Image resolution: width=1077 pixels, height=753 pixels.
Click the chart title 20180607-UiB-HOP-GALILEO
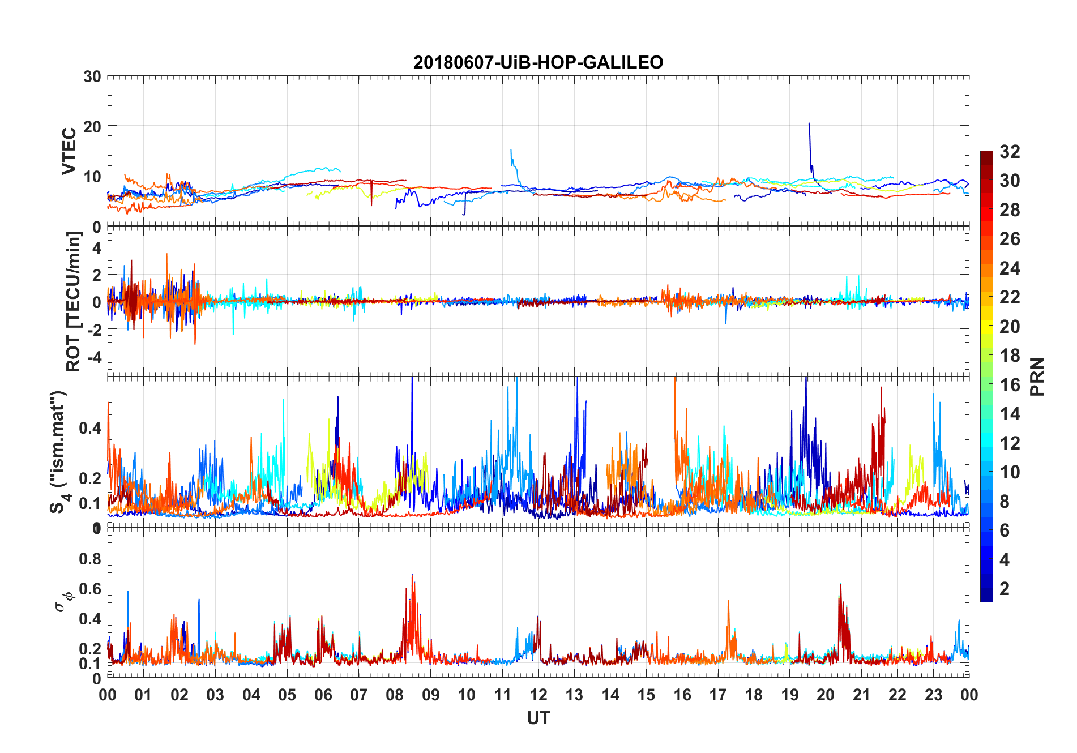538,62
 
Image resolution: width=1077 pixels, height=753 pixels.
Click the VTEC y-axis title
69,151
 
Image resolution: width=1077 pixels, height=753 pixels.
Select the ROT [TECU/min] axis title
74,301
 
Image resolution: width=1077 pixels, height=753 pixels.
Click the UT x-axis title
538,718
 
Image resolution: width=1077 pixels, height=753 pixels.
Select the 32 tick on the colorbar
1010,152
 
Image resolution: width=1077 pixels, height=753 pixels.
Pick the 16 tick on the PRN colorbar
1010,385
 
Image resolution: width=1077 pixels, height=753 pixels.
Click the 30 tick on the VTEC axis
92,76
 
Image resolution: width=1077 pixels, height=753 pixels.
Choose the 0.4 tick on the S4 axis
90,427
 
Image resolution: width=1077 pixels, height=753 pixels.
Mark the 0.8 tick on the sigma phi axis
90,559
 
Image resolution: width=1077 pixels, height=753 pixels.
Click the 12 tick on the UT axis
538,695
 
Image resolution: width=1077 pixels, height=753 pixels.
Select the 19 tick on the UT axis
790,695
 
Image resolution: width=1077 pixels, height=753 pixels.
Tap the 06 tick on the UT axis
323,695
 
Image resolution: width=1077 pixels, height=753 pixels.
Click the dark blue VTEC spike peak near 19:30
809,123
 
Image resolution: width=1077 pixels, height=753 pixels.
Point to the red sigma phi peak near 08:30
412,575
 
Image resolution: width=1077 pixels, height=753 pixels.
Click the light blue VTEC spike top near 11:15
511,150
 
